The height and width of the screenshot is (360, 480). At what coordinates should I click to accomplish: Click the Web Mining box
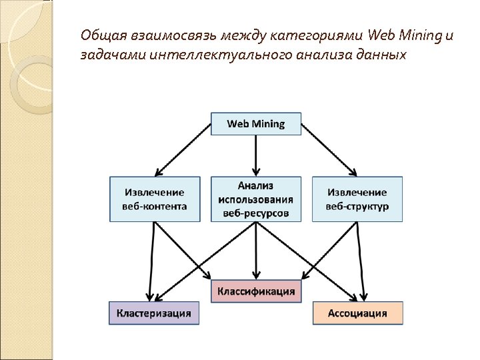pyautogui.click(x=256, y=124)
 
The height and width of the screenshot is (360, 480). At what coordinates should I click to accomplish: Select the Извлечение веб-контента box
pyautogui.click(x=155, y=199)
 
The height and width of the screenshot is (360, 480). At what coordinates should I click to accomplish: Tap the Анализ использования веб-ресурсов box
pyautogui.click(x=256, y=199)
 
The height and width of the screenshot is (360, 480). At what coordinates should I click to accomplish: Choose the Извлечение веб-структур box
pyautogui.click(x=357, y=199)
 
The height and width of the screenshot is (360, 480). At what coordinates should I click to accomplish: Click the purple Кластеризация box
pyautogui.click(x=154, y=313)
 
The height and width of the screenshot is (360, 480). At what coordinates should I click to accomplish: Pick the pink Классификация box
pyautogui.click(x=256, y=291)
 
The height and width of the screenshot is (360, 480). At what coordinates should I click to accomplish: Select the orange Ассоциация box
pyautogui.click(x=357, y=313)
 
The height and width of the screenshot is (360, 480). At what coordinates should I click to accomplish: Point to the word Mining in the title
pyautogui.click(x=420, y=35)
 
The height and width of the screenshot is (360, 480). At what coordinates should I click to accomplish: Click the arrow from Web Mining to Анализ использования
pyautogui.click(x=256, y=155)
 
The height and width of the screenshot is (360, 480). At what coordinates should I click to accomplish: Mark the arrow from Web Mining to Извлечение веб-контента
pyautogui.click(x=183, y=150)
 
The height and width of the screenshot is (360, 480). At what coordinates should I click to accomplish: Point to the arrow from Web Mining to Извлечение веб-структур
pyautogui.click(x=328, y=150)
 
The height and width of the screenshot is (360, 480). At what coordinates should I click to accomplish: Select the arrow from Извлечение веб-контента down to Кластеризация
pyautogui.click(x=153, y=260)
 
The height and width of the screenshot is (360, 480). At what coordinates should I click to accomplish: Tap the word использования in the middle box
pyautogui.click(x=256, y=199)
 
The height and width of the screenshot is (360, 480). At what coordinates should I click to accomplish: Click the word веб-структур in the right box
pyautogui.click(x=357, y=206)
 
